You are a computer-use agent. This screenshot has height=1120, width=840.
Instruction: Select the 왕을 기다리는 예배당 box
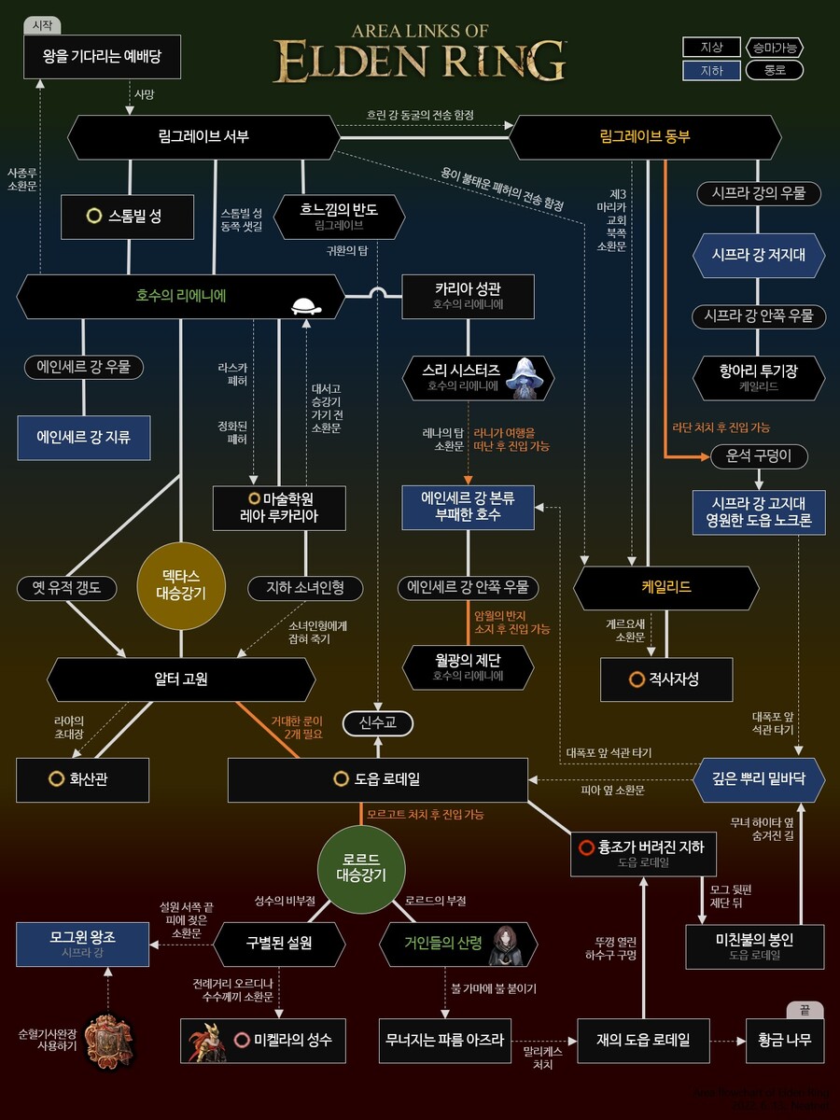tap(102, 57)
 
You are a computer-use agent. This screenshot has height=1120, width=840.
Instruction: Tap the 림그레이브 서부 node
tap(203, 137)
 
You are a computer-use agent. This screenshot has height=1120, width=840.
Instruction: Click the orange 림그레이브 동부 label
tap(644, 137)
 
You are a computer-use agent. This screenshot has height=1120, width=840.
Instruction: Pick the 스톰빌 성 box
tap(127, 217)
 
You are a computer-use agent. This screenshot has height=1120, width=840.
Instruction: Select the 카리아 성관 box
tap(469, 297)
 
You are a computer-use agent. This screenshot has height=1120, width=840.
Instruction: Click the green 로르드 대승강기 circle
tap(360, 866)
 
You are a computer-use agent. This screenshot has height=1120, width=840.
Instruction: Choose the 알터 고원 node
tap(181, 679)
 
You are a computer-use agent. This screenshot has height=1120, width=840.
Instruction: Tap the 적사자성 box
tap(664, 679)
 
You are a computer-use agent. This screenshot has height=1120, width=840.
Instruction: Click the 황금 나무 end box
tap(784, 1040)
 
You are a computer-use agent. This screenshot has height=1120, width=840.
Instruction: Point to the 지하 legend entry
tap(711, 70)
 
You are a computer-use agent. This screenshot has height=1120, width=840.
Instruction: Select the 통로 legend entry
tap(775, 70)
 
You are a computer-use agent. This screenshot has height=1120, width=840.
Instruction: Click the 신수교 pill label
tap(377, 722)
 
